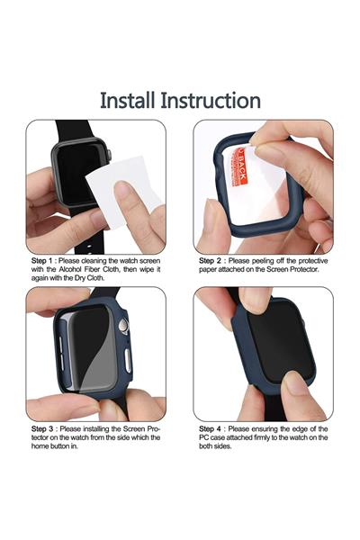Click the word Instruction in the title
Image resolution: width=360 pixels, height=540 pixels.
(214, 100)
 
